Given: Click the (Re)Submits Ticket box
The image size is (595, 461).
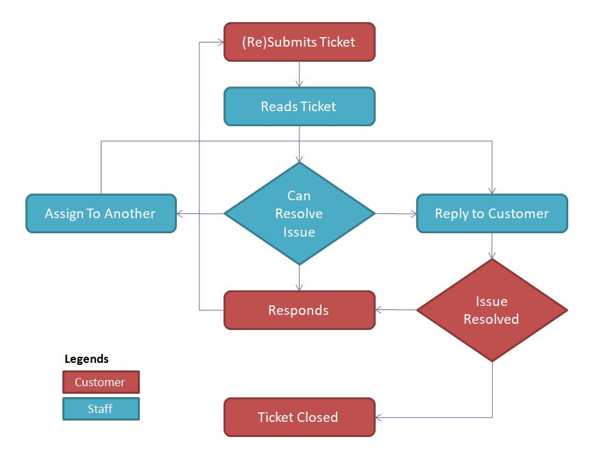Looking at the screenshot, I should pyautogui.click(x=300, y=42).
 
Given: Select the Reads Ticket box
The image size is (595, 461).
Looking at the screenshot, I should pyautogui.click(x=300, y=106).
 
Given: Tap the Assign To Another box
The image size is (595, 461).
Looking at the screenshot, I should pyautogui.click(x=101, y=213).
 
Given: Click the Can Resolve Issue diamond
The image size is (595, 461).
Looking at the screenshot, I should pyautogui.click(x=300, y=213).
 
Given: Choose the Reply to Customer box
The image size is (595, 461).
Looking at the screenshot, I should pyautogui.click(x=491, y=213).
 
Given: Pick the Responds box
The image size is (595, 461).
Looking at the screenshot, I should pyautogui.click(x=300, y=310).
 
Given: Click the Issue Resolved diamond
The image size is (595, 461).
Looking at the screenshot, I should pyautogui.click(x=491, y=310).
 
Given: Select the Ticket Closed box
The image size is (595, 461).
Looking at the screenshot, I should pyautogui.click(x=300, y=417).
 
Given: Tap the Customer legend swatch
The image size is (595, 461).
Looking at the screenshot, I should pyautogui.click(x=100, y=382).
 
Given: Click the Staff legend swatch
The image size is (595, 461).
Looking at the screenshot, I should pyautogui.click(x=100, y=409).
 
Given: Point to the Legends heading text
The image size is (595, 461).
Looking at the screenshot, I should pyautogui.click(x=86, y=359).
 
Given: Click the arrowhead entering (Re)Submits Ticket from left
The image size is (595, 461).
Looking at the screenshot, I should pyautogui.click(x=221, y=42).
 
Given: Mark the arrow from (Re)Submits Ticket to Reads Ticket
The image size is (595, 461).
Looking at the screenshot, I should pyautogui.click(x=300, y=73).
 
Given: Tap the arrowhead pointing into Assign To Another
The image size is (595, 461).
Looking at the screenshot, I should pyautogui.click(x=180, y=213).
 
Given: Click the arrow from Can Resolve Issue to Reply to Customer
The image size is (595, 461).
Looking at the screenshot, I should pyautogui.click(x=396, y=213).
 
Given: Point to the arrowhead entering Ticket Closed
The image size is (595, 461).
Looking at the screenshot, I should pyautogui.click(x=379, y=417).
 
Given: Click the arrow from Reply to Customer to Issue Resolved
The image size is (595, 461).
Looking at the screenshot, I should pyautogui.click(x=491, y=246).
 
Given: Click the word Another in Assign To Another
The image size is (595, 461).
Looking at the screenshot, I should pyautogui.click(x=130, y=213).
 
